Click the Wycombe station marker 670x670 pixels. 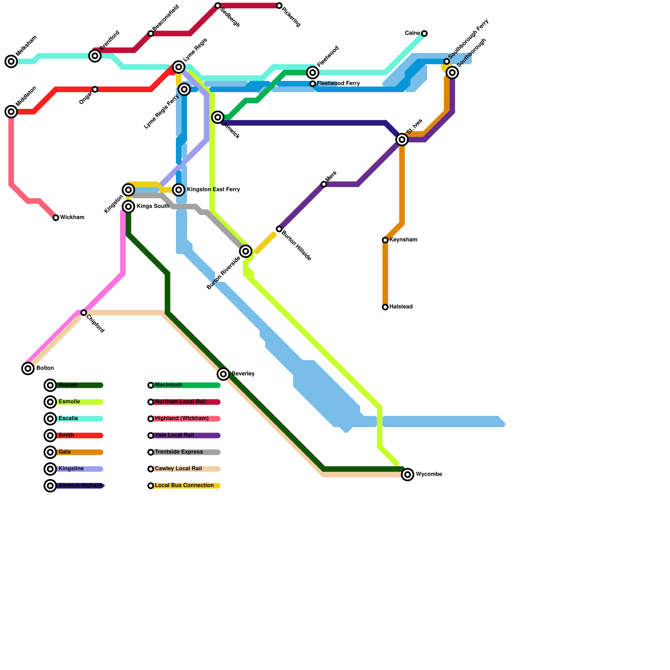click(407, 474)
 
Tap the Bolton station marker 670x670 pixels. click(28, 368)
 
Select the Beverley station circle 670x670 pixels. click(223, 374)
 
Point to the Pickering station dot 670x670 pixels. click(279, 6)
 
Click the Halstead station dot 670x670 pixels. click(385, 307)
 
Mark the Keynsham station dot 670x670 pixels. click(385, 240)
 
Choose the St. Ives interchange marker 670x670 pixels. click(402, 139)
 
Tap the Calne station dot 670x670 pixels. click(424, 33)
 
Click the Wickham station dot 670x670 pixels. click(56, 218)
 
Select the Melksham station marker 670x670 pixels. click(11, 62)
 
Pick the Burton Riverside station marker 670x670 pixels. click(246, 251)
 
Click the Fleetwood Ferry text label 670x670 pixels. click(338, 84)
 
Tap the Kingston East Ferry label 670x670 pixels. click(213, 190)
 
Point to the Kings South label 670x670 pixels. click(153, 206)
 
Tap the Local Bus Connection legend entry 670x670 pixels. click(184, 486)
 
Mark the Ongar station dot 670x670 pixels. click(95, 90)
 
